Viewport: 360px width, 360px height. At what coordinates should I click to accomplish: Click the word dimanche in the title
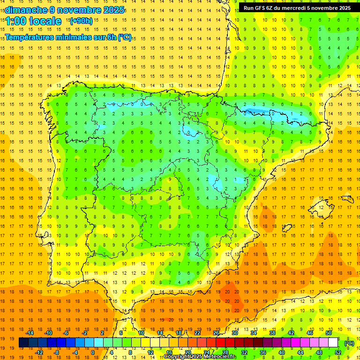tap(26, 10)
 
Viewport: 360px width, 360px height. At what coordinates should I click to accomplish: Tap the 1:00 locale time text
tap(33, 21)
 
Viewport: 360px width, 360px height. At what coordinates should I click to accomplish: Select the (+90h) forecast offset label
tap(81, 21)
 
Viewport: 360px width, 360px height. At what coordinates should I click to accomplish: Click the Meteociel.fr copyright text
tap(200, 357)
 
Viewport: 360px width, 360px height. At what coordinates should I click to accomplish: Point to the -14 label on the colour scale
tap(30, 333)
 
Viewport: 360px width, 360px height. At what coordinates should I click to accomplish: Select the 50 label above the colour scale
tap(329, 333)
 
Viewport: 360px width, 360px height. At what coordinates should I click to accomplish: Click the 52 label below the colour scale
tap(337, 352)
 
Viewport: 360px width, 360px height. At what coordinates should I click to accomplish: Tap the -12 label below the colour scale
tap(39, 352)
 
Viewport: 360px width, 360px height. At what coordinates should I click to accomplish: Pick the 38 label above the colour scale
tap(272, 333)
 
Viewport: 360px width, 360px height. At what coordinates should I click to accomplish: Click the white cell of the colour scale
tap(333, 343)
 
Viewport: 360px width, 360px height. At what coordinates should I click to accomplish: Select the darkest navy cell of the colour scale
tap(23, 343)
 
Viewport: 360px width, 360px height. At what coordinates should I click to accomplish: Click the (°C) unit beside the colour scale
tap(349, 343)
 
